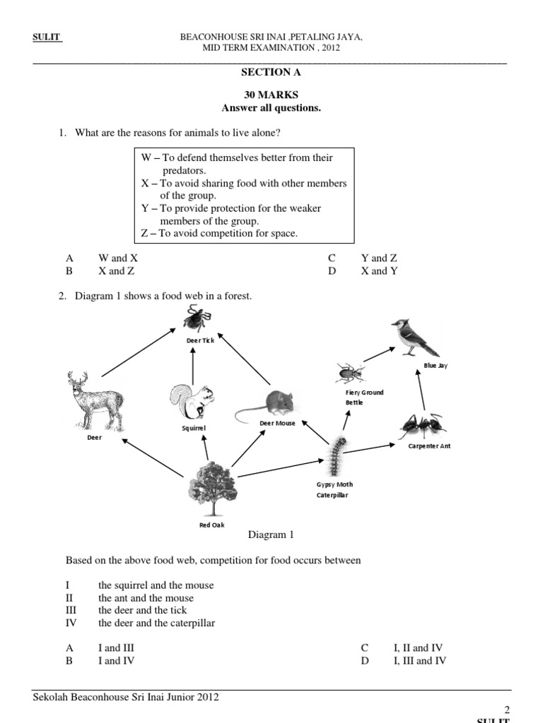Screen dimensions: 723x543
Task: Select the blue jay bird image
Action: point(414,337)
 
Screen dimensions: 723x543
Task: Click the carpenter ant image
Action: point(422,426)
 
